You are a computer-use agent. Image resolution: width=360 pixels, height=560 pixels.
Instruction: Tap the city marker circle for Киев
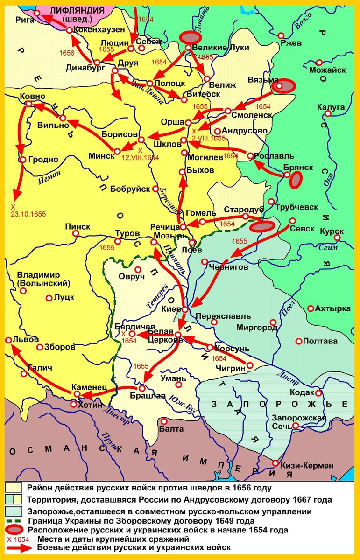pyautogui.click(x=185, y=309)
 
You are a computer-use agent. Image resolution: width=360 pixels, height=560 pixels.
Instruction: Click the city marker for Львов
pyautogui.click(x=8, y=341)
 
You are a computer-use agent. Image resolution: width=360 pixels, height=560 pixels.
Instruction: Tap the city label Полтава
pyautogui.click(x=320, y=341)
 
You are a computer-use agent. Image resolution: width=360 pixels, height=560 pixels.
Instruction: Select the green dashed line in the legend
pyautogui.click(x=15, y=521)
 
